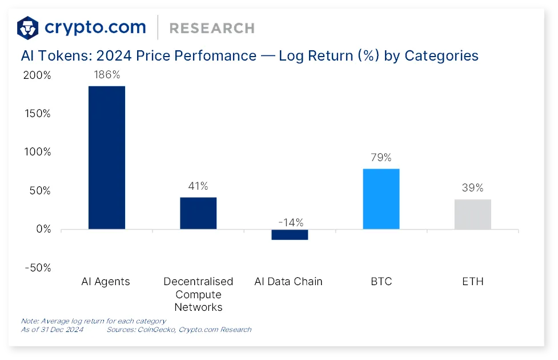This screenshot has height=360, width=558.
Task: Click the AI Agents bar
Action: (106, 157)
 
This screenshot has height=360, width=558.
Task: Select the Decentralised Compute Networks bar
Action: (198, 213)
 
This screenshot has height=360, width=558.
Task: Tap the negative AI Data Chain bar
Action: (290, 234)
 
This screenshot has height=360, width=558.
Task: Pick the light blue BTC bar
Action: (381, 199)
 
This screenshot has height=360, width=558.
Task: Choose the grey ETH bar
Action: (473, 214)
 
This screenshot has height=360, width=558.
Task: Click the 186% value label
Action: (107, 75)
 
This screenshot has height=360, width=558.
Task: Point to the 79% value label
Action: (381, 158)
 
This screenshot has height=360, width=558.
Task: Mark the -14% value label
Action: (291, 222)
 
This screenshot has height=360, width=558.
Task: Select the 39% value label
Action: (472, 188)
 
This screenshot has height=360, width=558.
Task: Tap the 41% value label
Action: (198, 186)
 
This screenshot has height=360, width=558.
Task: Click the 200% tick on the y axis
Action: (37, 75)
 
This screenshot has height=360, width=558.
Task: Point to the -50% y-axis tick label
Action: (38, 267)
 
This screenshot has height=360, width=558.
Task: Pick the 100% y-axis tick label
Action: (37, 152)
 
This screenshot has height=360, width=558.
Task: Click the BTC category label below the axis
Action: (381, 282)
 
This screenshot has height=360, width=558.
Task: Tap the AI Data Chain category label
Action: (288, 282)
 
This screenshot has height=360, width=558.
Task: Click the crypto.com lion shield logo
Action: (27, 27)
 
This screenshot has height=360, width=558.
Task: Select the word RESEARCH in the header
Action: (212, 28)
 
